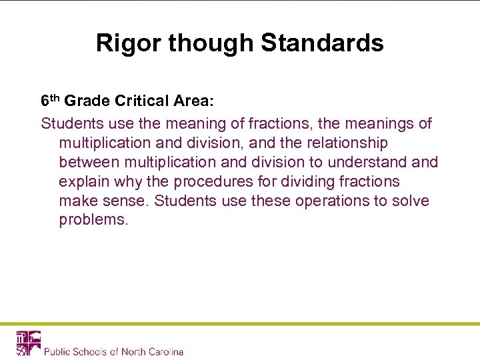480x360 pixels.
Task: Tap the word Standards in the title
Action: point(322,43)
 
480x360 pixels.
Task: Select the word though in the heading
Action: point(212,43)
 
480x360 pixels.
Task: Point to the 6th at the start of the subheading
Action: point(51,101)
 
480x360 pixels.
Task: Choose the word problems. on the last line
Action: point(93,220)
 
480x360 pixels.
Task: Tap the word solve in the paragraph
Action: point(411,201)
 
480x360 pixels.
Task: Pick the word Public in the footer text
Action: point(58,351)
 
